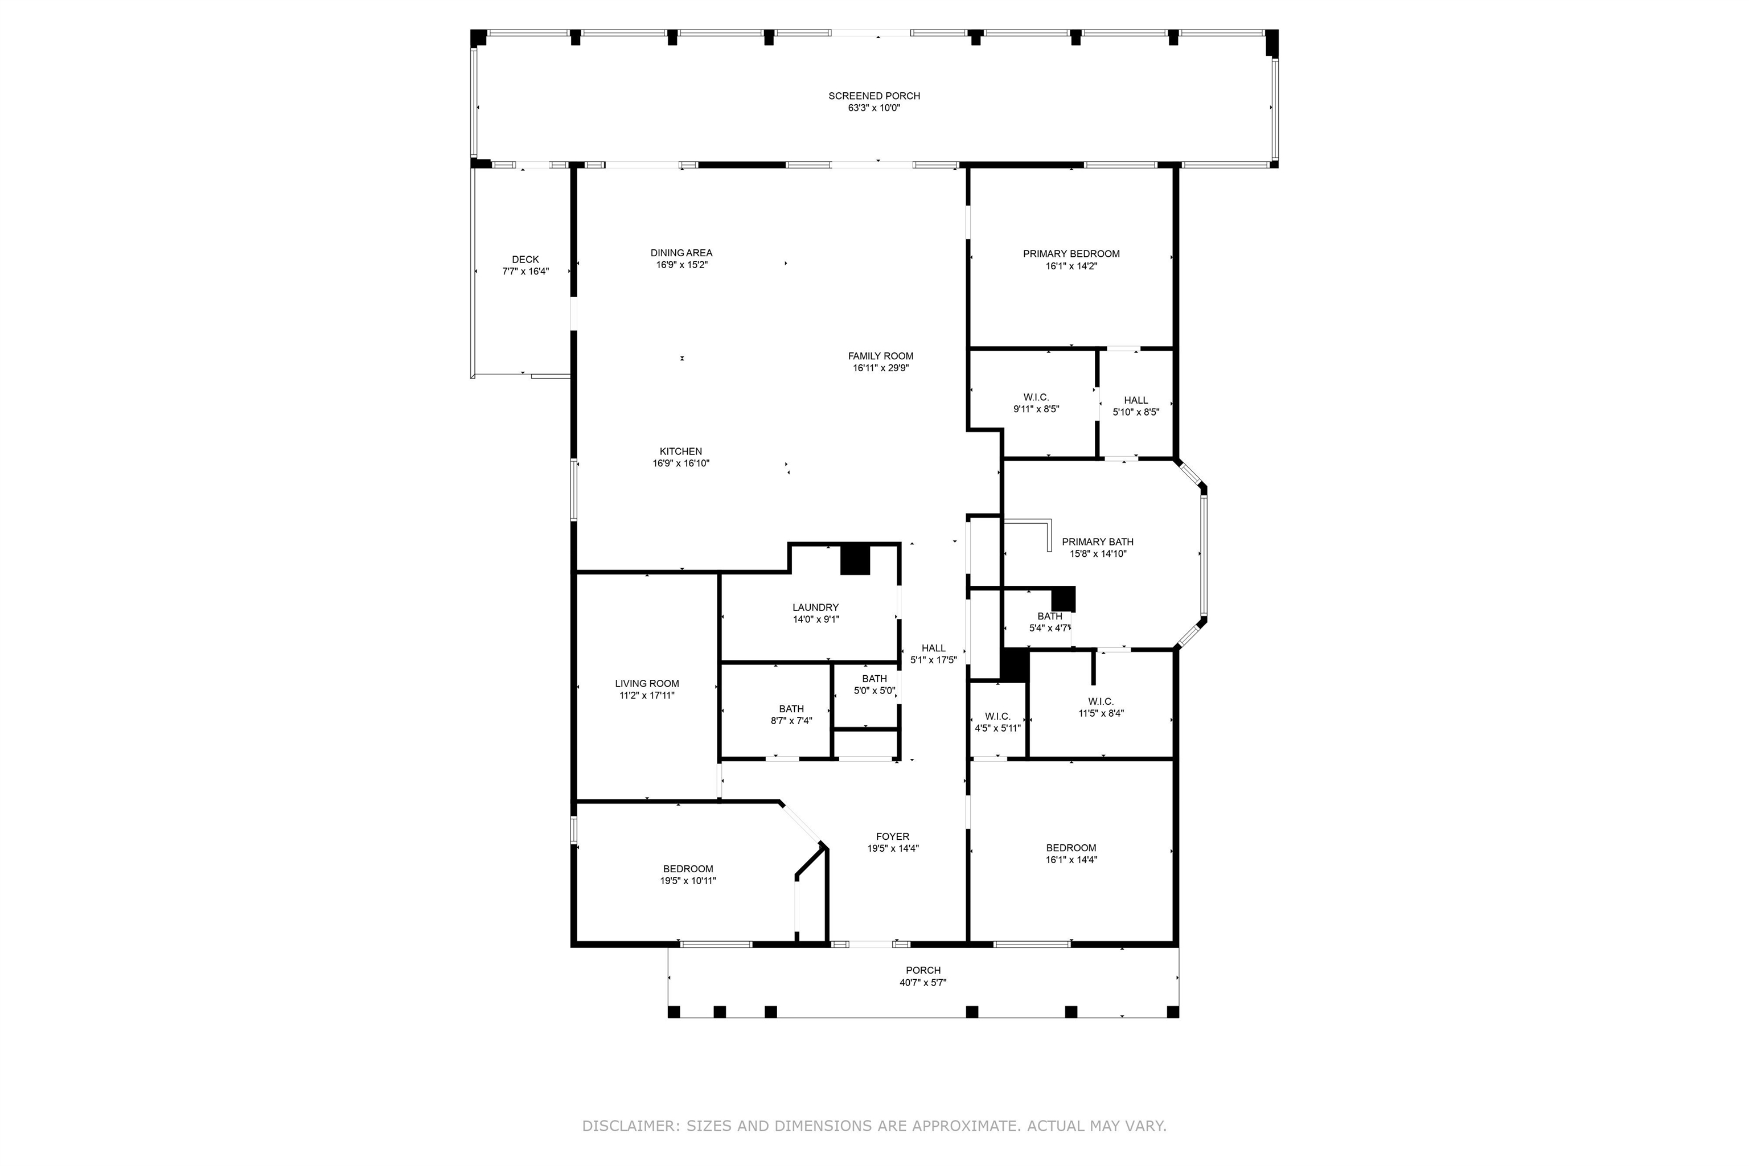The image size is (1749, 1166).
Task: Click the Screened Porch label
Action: coord(874,96)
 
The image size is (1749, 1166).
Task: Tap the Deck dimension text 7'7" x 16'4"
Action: coord(525,272)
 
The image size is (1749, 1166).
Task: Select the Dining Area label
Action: coord(681,253)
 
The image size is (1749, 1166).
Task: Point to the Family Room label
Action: coord(880,356)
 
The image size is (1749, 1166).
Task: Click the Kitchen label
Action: coord(680,451)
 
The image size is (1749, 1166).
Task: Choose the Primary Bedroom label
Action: coord(1071,253)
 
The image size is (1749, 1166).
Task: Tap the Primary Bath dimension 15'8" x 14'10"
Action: coord(1098,554)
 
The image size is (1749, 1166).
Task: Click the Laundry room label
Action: coord(815,607)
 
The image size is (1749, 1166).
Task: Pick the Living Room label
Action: coord(646,683)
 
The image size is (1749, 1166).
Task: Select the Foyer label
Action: coord(892,836)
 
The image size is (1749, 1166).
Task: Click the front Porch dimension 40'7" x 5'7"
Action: coord(923,982)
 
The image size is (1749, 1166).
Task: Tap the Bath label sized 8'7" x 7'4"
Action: coord(791,709)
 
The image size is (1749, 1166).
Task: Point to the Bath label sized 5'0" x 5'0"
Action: coord(874,678)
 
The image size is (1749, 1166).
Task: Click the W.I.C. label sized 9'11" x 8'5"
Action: coord(1036,397)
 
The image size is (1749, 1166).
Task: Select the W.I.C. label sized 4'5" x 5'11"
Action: coord(997,716)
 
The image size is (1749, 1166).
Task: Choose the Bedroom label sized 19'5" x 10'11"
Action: coord(688,869)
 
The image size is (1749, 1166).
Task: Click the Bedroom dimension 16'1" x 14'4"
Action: coord(1071,860)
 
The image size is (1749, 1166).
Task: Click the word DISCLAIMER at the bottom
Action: coord(630,1126)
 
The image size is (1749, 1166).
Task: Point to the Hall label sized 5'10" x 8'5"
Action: coord(1135,400)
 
